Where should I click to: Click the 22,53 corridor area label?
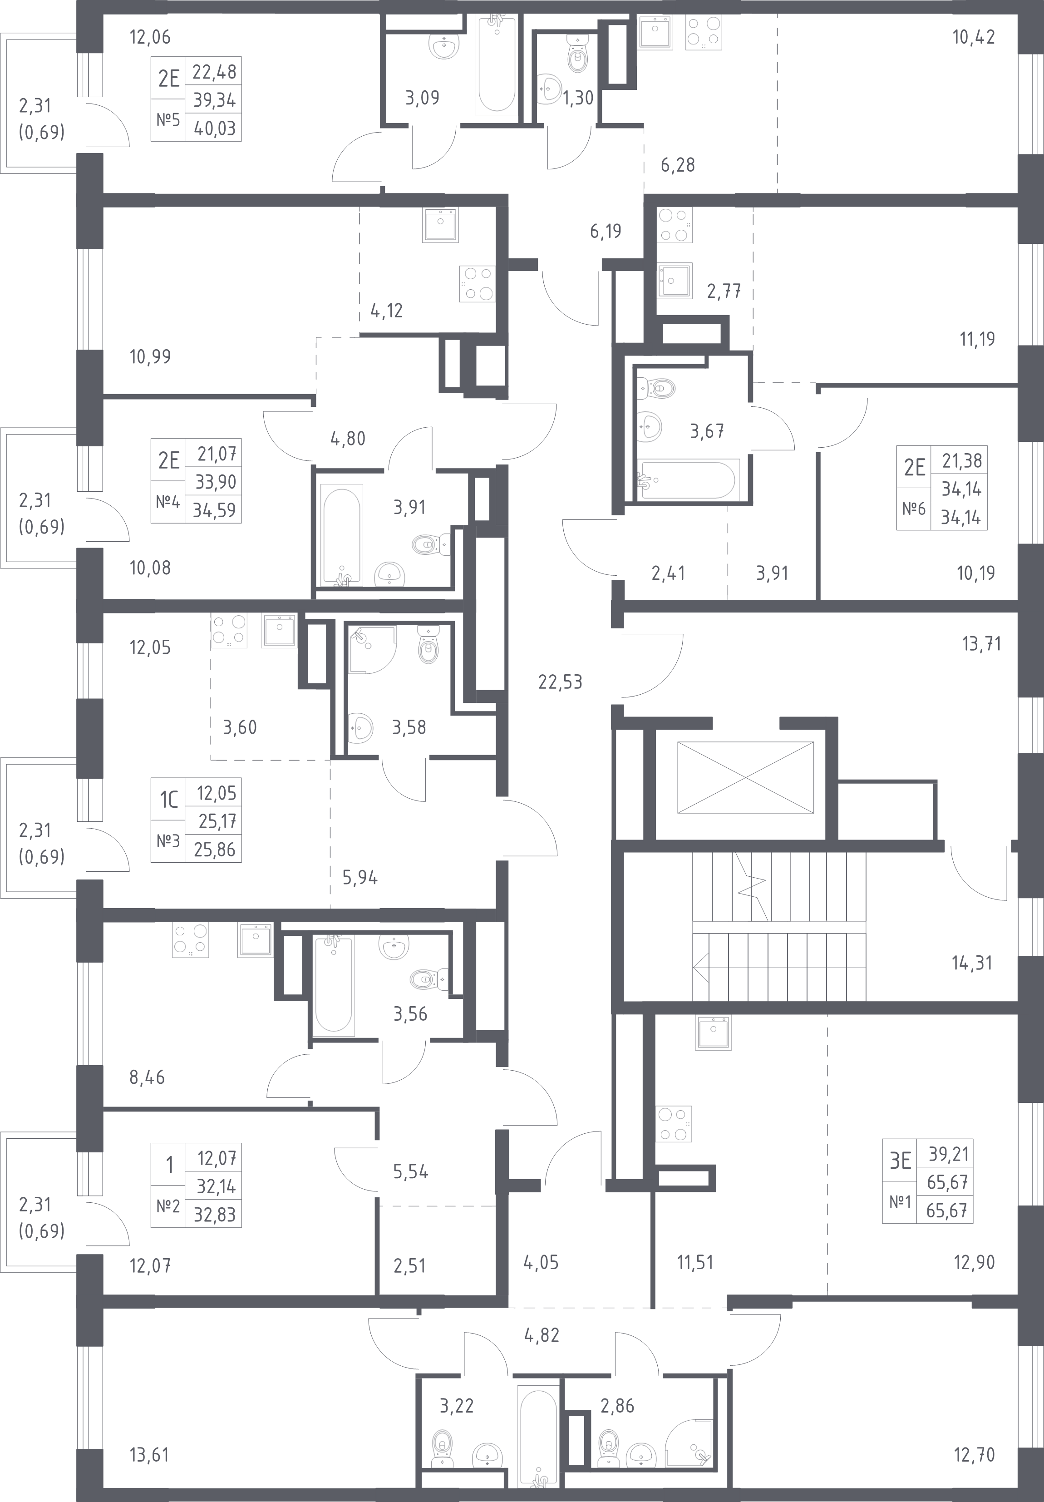(x=560, y=682)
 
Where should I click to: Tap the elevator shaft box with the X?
(x=746, y=777)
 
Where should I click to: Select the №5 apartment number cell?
(x=168, y=120)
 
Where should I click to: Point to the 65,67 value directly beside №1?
(x=946, y=1182)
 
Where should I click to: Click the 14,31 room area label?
(x=972, y=963)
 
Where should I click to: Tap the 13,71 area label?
(x=981, y=644)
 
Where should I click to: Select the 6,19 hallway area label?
(x=606, y=231)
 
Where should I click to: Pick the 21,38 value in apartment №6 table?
(x=961, y=461)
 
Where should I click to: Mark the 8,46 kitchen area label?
(x=147, y=1077)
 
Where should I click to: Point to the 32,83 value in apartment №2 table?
(x=215, y=1215)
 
